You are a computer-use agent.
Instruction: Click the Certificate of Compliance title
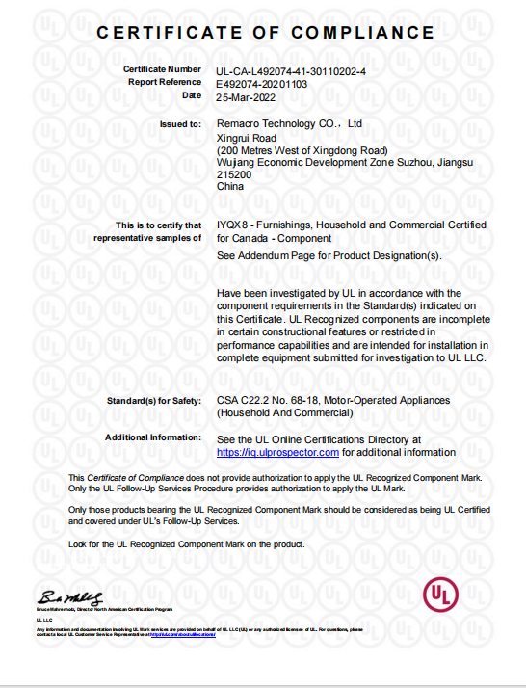point(265,33)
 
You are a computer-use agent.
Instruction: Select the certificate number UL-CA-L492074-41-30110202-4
point(292,70)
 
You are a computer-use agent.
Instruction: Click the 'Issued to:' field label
point(180,124)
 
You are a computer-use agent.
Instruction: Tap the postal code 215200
point(234,175)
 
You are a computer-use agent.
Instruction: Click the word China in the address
point(230,187)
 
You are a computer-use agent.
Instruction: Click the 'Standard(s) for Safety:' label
point(156,400)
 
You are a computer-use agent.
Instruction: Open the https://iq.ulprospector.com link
point(277,451)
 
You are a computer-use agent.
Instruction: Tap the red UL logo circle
point(441,594)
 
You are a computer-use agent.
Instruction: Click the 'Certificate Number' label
point(162,70)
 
